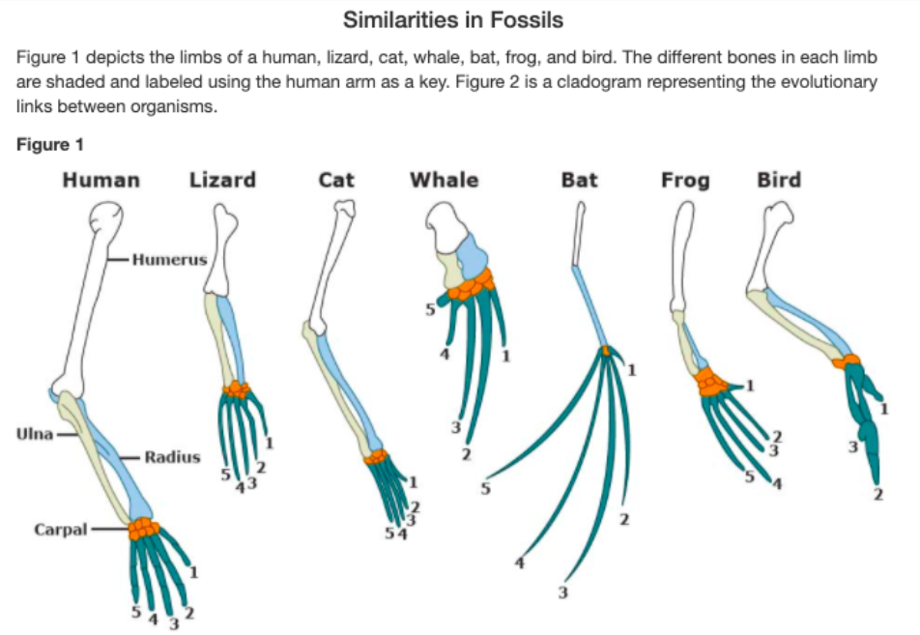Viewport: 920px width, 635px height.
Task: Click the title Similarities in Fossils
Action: point(453,19)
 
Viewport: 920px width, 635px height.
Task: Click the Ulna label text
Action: point(34,432)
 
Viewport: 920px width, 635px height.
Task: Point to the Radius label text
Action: point(172,456)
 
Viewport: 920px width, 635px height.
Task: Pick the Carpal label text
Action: point(60,530)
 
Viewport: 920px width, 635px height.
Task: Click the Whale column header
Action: point(444,180)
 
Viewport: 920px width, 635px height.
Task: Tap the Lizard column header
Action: point(222,180)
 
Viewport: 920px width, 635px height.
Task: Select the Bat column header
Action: point(579,180)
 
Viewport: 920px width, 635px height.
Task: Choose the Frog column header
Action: point(685,180)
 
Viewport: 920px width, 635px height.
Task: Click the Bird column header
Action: point(779,180)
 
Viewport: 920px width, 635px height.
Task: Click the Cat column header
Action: point(335,180)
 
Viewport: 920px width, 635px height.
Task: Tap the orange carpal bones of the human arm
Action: point(145,528)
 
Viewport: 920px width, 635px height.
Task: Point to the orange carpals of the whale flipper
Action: point(472,282)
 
